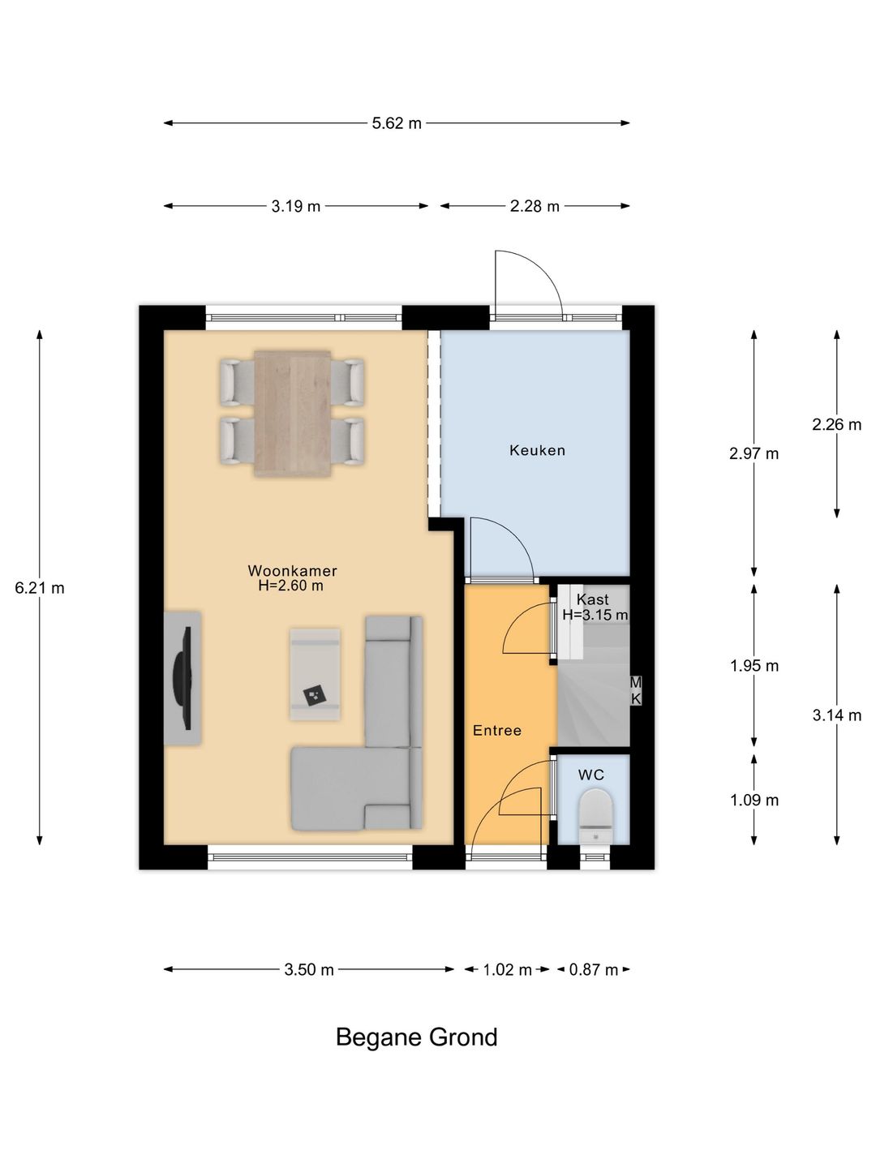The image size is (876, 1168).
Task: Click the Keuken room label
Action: tap(537, 451)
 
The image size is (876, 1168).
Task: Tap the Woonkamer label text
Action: tap(293, 571)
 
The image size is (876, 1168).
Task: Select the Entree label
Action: tap(497, 731)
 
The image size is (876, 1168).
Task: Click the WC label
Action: tap(591, 775)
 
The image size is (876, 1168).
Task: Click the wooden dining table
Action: tap(293, 414)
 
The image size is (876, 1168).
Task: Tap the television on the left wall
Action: tap(182, 678)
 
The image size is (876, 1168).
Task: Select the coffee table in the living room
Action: tap(315, 675)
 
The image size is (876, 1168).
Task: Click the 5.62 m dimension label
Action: tap(397, 123)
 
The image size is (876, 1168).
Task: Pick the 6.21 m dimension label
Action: tap(40, 588)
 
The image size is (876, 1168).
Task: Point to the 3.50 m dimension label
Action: tap(309, 969)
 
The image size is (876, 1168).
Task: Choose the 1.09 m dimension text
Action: tap(754, 800)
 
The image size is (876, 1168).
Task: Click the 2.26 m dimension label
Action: tap(836, 424)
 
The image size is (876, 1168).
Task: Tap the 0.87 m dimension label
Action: tap(594, 969)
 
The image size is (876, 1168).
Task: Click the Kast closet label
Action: tap(592, 599)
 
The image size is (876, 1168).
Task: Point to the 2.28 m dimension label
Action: tap(535, 206)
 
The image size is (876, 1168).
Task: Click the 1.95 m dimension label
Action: tap(754, 666)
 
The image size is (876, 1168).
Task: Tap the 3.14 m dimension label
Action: tap(836, 715)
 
